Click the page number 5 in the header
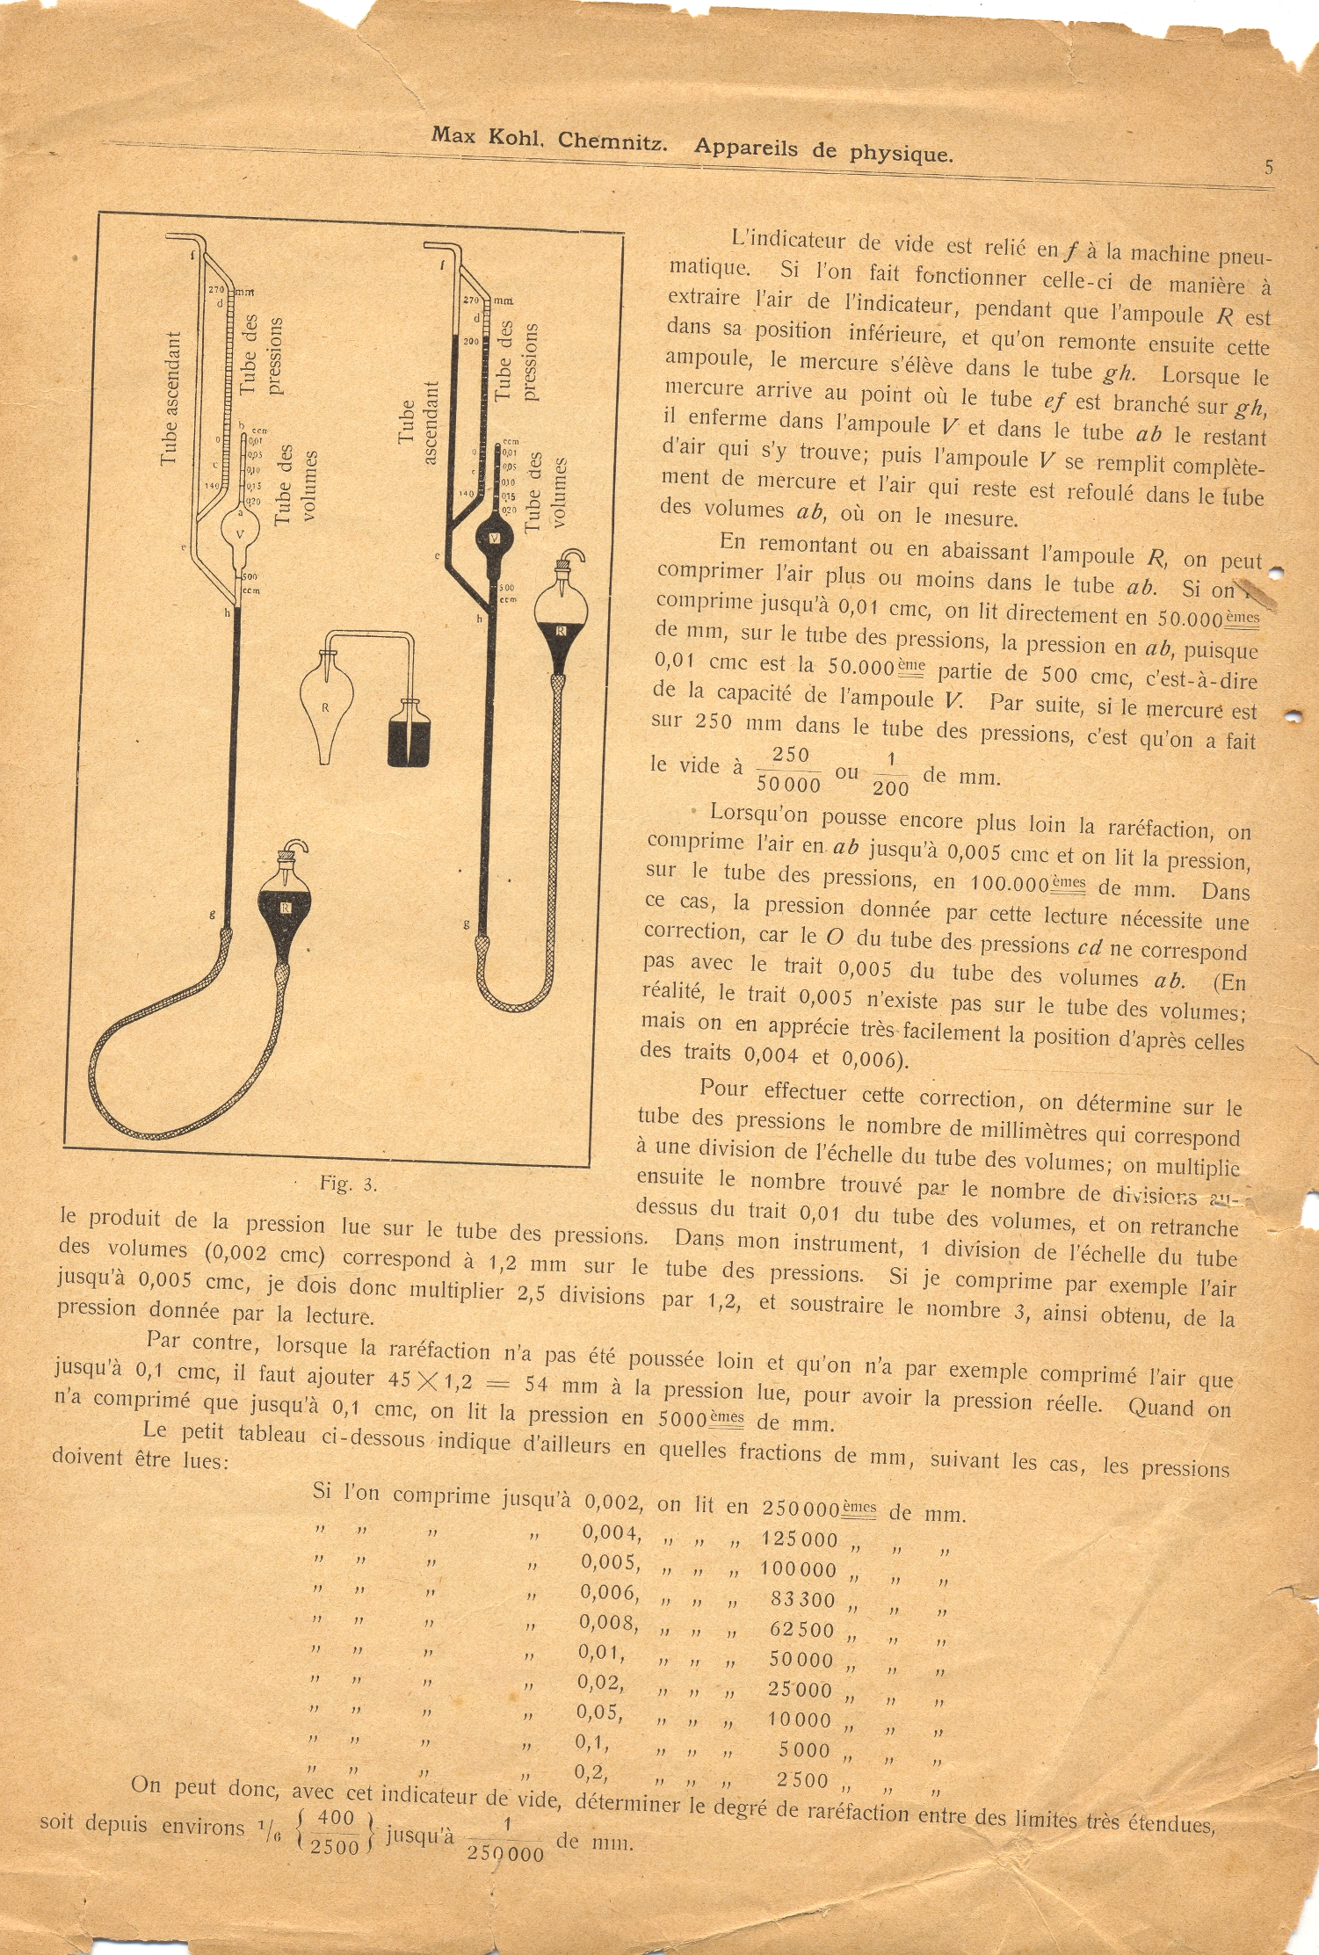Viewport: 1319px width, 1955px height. tap(1268, 167)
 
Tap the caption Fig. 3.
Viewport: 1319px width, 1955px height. tap(348, 1184)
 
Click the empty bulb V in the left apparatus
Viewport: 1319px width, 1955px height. tap(239, 532)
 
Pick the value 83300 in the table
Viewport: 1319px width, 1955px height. tap(802, 1598)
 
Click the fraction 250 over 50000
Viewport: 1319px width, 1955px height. tap(789, 770)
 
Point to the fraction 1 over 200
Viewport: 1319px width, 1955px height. tap(890, 774)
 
